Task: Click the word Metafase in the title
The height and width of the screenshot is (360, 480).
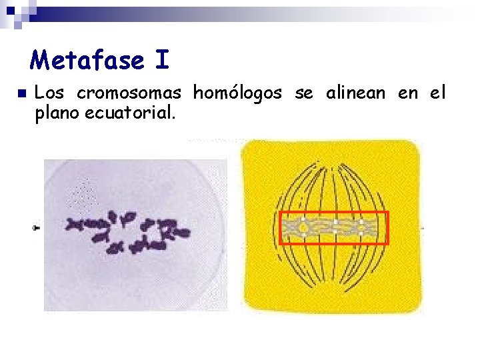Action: pyautogui.click(x=87, y=61)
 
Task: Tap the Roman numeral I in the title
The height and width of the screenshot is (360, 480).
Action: pyautogui.click(x=161, y=61)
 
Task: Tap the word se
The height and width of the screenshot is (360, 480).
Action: pyautogui.click(x=303, y=93)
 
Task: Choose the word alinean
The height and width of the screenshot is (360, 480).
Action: pyautogui.click(x=355, y=93)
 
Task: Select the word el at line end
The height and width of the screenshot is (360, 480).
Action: pyautogui.click(x=438, y=93)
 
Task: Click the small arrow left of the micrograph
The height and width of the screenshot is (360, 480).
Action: pyautogui.click(x=35, y=228)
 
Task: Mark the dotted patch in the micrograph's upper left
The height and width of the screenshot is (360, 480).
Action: pyautogui.click(x=83, y=194)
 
